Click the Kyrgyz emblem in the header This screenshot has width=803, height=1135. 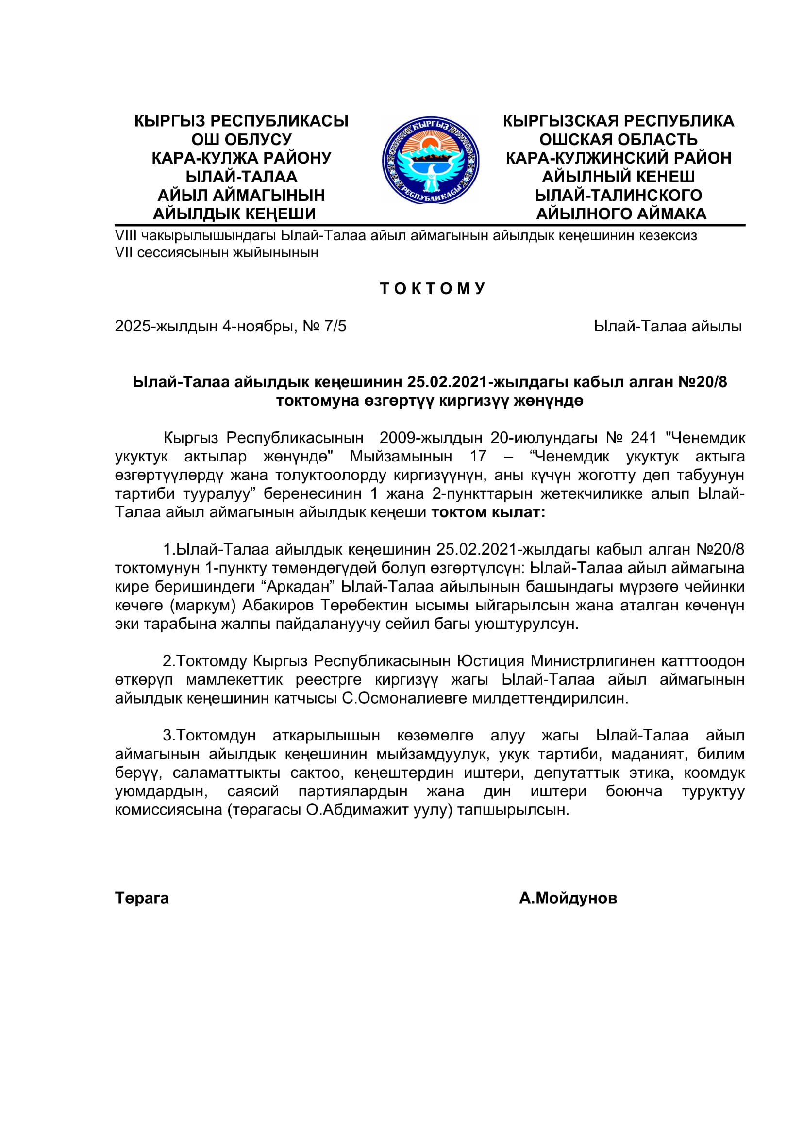430,160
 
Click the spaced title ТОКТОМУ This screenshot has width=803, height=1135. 433,289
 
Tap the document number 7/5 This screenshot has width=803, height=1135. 335,326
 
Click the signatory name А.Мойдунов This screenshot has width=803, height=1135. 568,898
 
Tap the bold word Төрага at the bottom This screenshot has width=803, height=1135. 142,898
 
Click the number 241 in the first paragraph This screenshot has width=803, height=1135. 643,438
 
